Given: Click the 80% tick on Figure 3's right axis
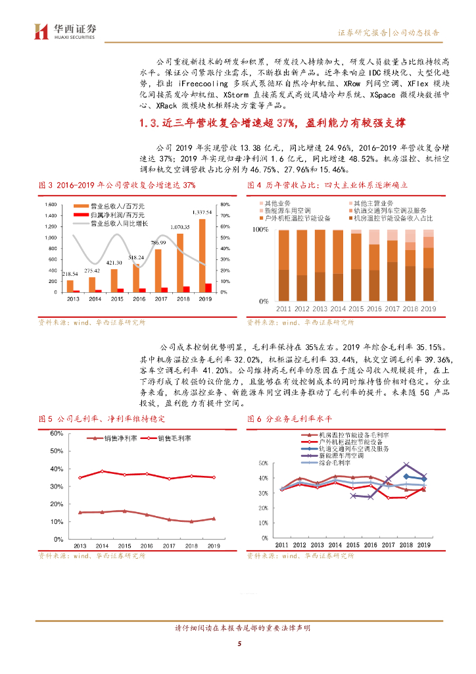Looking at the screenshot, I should pyautogui.click(x=225, y=204).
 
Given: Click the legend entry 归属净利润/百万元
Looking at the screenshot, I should pyautogui.click(x=116, y=215).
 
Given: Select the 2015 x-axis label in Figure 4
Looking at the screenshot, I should pyautogui.click(x=356, y=309).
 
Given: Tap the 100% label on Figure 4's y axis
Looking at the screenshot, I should pyautogui.click(x=261, y=230).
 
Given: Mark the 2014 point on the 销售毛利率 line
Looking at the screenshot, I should pyautogui.click(x=102, y=471).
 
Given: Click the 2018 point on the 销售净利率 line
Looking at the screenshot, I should pyautogui.click(x=191, y=521).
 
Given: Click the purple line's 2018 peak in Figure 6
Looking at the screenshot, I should pyautogui.click(x=406, y=456).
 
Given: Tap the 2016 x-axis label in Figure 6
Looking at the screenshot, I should pyautogui.click(x=371, y=544).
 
